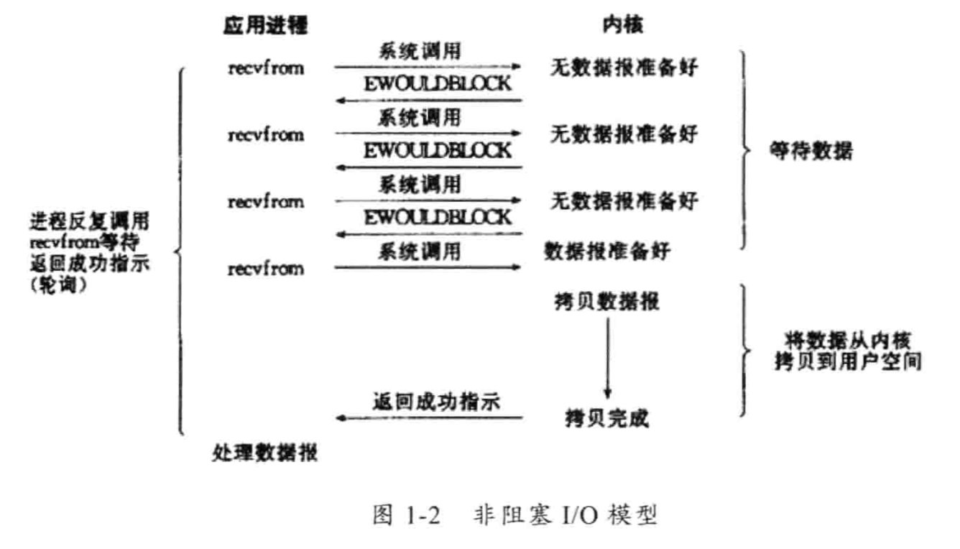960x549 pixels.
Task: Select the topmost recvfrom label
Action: (x=265, y=69)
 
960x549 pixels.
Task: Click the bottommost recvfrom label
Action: (x=265, y=269)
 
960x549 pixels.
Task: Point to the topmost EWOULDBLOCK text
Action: (x=438, y=83)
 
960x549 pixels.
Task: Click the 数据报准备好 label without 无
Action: (x=609, y=252)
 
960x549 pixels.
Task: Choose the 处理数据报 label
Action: (x=265, y=453)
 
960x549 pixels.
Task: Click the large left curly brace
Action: (x=179, y=252)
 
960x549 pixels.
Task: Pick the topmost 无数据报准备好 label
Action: (x=624, y=69)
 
